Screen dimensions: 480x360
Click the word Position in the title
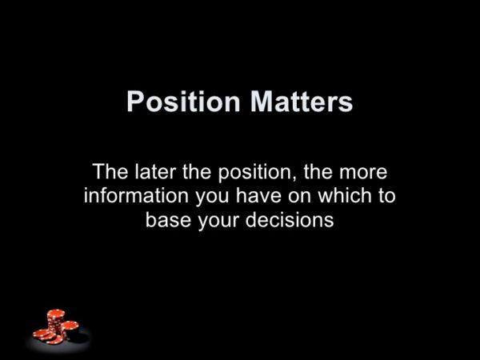(x=184, y=102)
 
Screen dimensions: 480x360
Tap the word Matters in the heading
(x=302, y=102)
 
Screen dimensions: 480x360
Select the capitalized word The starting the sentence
(x=110, y=171)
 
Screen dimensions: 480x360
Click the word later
(x=155, y=171)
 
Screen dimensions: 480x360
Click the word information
(x=137, y=196)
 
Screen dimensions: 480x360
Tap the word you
(x=212, y=198)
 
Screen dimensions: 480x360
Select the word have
(x=258, y=196)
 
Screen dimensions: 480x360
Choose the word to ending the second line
(x=386, y=196)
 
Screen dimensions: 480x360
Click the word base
(x=168, y=219)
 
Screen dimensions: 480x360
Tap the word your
(x=218, y=222)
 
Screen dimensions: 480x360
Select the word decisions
(x=290, y=219)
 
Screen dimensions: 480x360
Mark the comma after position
(x=296, y=178)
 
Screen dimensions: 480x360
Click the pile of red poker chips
(x=56, y=327)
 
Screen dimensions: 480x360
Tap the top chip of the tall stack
(x=56, y=314)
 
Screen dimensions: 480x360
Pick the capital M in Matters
(x=261, y=102)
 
